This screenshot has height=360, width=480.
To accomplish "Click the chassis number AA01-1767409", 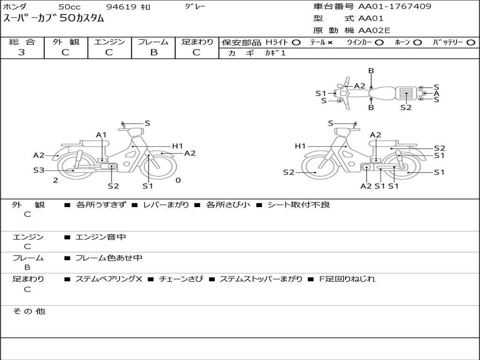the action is tap(395, 7).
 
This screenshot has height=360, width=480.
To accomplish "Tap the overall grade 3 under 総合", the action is tap(22, 52).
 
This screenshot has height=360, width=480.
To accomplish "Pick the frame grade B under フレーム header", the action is tap(154, 52).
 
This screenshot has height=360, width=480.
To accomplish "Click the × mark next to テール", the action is tap(330, 43).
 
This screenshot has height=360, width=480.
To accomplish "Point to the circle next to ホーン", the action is tap(417, 43).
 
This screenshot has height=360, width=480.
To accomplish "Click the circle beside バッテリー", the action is tap(471, 43).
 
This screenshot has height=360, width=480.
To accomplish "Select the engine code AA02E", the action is tap(374, 30).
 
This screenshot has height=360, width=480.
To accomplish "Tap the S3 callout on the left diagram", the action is tap(38, 170).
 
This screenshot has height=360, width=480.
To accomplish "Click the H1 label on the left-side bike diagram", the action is tap(178, 146).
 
